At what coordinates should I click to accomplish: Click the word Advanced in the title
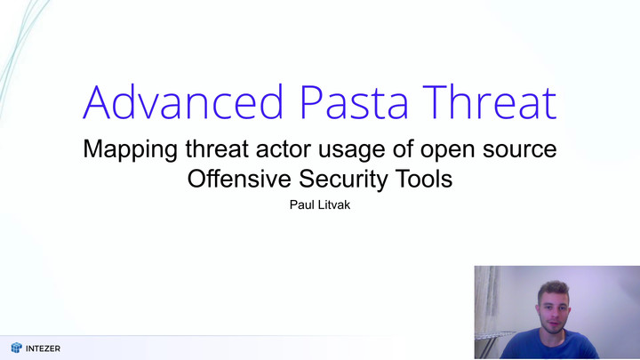pyautogui.click(x=183, y=102)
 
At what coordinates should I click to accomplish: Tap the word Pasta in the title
pyautogui.click(x=354, y=102)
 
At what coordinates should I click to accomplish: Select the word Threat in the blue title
pyautogui.click(x=490, y=102)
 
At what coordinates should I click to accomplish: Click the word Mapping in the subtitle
pyautogui.click(x=130, y=150)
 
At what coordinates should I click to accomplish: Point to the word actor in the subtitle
pyautogui.click(x=284, y=148)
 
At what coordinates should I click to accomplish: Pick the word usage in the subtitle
pyautogui.click(x=351, y=150)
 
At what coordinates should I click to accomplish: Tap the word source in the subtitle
pyautogui.click(x=520, y=150)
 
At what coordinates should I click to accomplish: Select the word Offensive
pyautogui.click(x=239, y=179)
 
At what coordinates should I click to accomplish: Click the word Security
pyautogui.click(x=343, y=180)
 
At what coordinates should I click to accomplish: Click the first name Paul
pyautogui.click(x=301, y=204)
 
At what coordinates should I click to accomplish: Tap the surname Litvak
pyautogui.click(x=333, y=204)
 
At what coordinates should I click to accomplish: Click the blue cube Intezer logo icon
pyautogui.click(x=16, y=348)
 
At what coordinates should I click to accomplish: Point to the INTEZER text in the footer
pyautogui.click(x=43, y=348)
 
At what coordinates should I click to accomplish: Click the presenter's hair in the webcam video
pyautogui.click(x=554, y=289)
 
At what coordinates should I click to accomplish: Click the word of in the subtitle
pyautogui.click(x=403, y=148)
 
